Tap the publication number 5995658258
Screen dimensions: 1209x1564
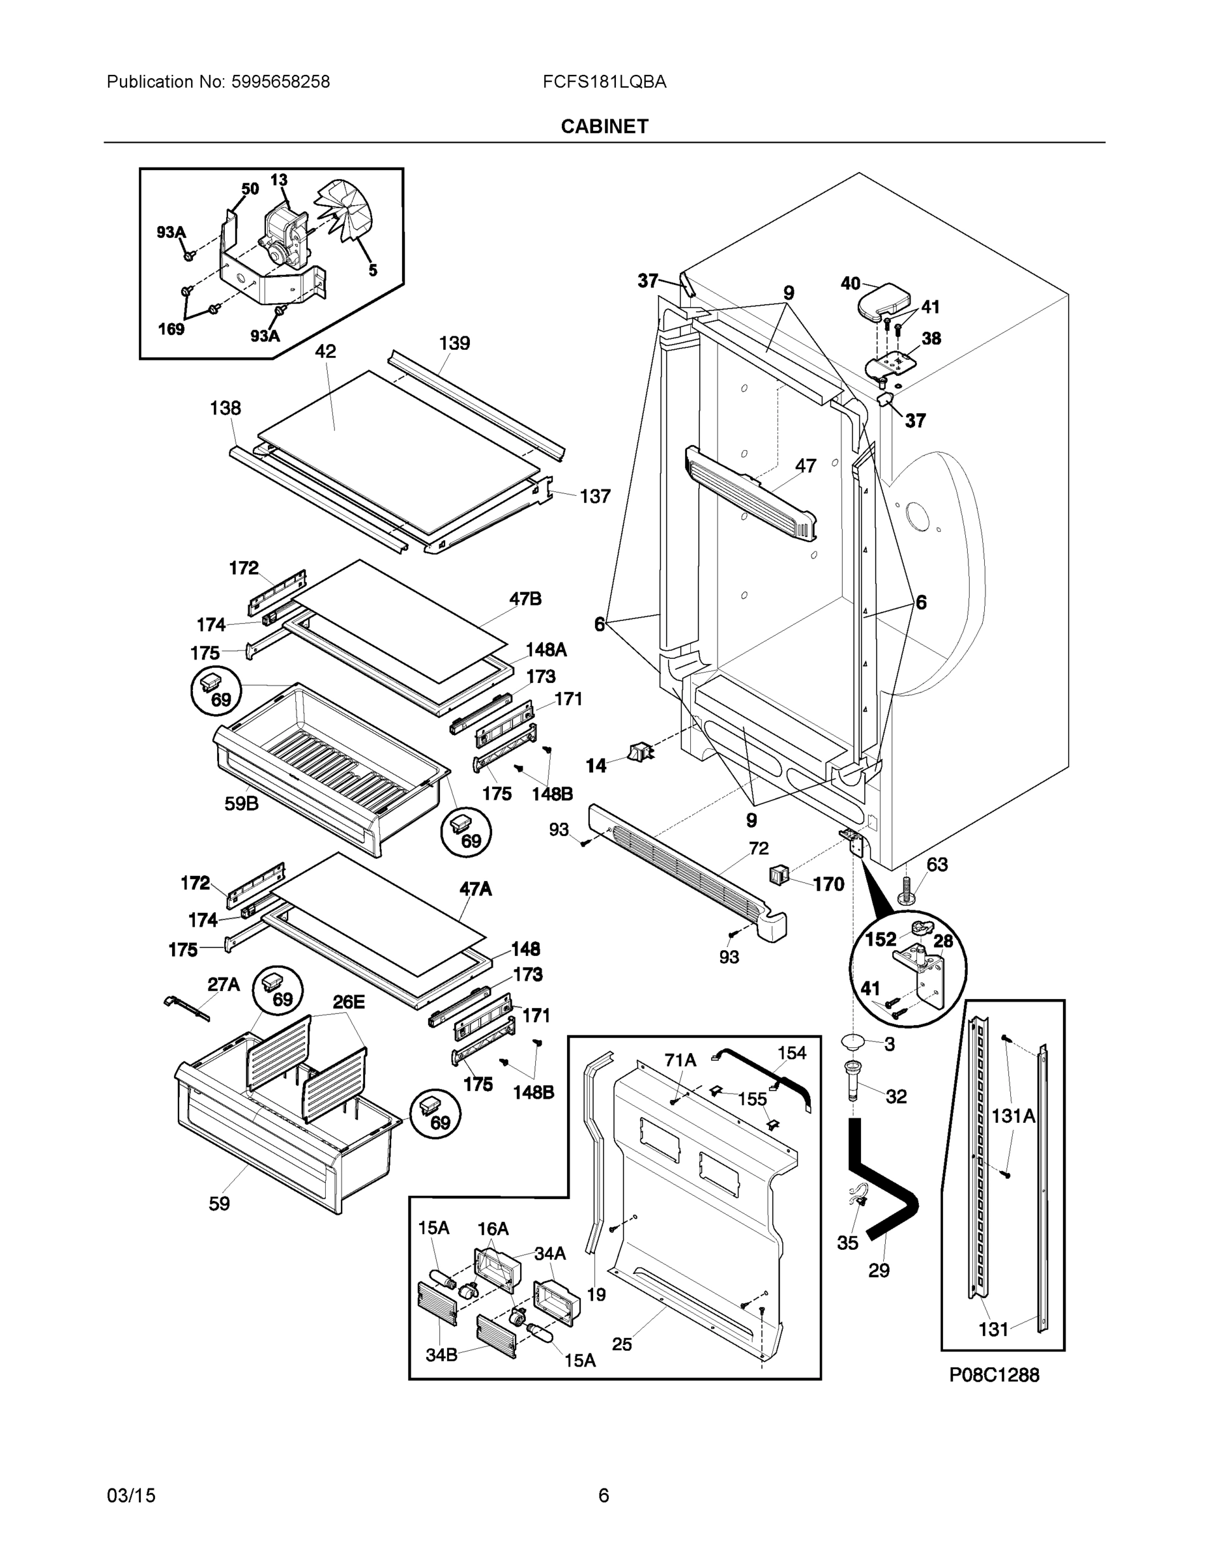point(280,81)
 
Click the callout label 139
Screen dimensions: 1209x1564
point(454,343)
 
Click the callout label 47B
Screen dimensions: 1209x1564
point(525,599)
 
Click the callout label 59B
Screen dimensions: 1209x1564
point(241,804)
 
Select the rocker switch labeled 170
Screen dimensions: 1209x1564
point(779,875)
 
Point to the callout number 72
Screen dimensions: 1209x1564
point(759,848)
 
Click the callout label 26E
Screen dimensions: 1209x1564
point(348,1002)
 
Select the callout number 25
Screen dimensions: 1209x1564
point(622,1345)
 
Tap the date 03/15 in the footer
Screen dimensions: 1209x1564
point(131,1496)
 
